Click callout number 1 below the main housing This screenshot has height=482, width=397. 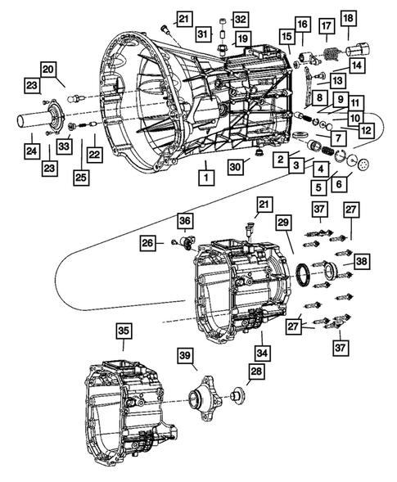click(x=205, y=175)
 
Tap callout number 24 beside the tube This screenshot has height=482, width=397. click(x=31, y=150)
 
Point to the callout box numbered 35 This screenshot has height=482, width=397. click(x=122, y=331)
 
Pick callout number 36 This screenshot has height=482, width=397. click(x=185, y=220)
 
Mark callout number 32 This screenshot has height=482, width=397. click(x=239, y=19)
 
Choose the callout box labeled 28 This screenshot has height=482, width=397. click(x=235, y=372)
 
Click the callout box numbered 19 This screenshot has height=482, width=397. click(x=242, y=39)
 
